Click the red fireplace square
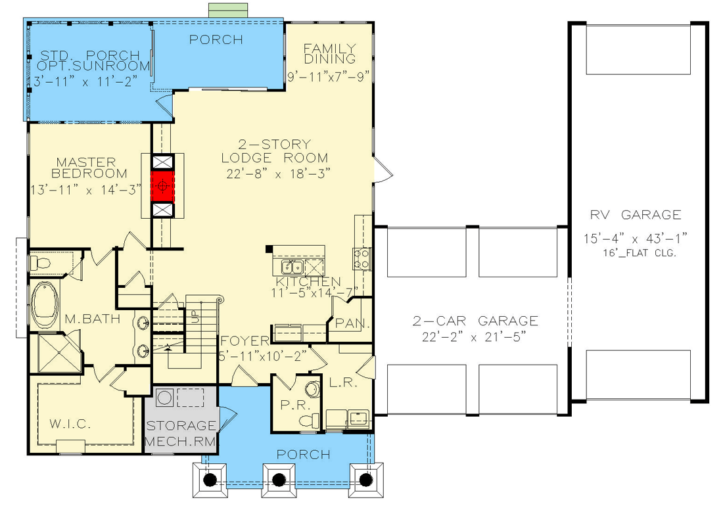(x=162, y=186)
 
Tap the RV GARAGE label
(x=636, y=215)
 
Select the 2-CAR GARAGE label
(x=475, y=321)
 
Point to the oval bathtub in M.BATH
(x=45, y=305)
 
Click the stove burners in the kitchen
(x=361, y=258)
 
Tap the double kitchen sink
(x=292, y=267)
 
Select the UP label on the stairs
(x=194, y=317)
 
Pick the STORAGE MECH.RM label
(x=180, y=433)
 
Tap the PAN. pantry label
(x=352, y=323)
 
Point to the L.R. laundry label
(x=344, y=382)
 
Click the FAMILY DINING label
(x=330, y=53)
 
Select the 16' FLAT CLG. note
(x=639, y=253)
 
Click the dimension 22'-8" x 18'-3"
(x=279, y=173)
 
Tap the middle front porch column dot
(x=279, y=480)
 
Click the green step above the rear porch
(x=229, y=10)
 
